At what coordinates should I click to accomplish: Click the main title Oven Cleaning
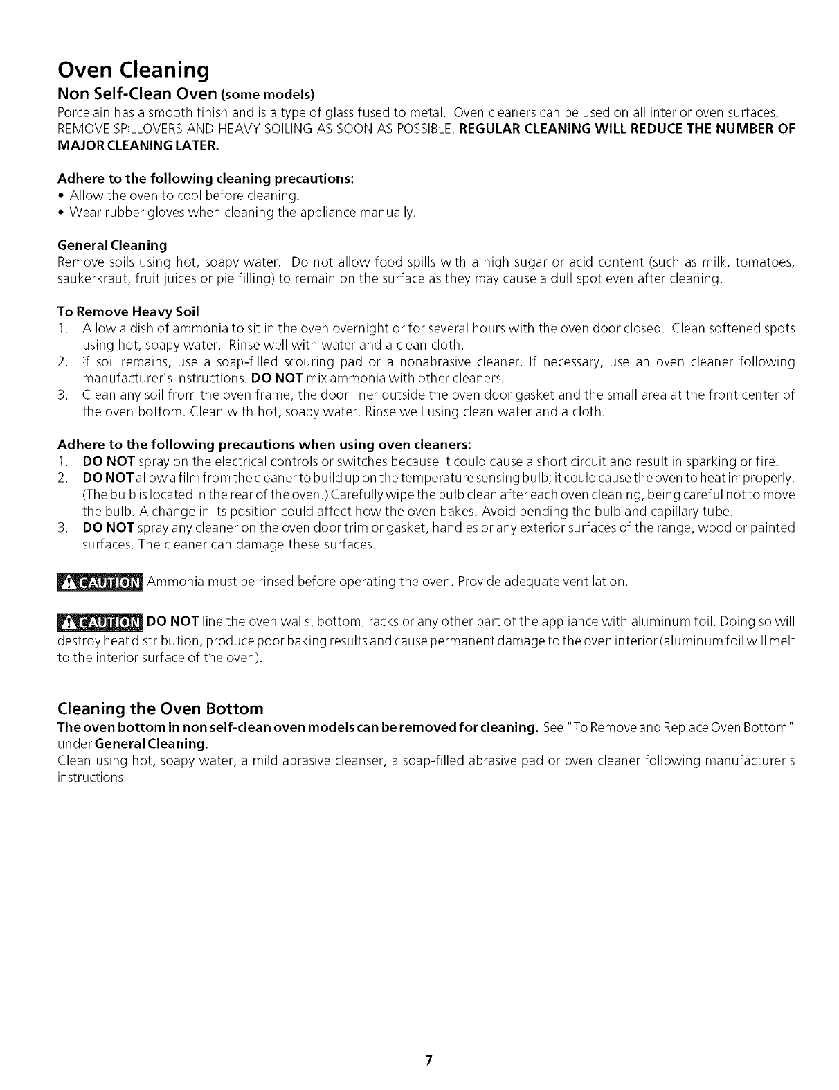pyautogui.click(x=133, y=70)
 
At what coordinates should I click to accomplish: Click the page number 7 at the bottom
pyautogui.click(x=429, y=1042)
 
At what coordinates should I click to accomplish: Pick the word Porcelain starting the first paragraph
pyautogui.click(x=81, y=113)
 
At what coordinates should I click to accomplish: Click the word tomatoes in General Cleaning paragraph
pyautogui.click(x=764, y=263)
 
